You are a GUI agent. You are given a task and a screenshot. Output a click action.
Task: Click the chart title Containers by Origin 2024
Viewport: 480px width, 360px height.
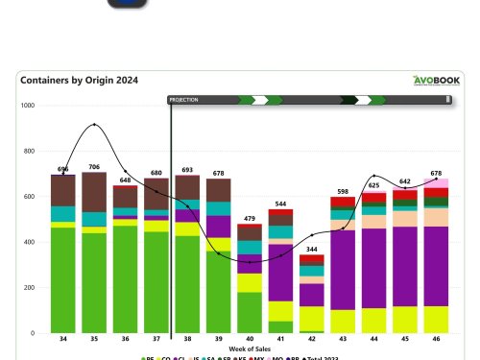(x=78, y=81)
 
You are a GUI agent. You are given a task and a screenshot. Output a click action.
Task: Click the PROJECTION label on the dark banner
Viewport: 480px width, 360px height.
(x=184, y=100)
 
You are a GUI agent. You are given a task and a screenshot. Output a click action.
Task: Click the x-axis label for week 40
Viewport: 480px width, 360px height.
(x=250, y=339)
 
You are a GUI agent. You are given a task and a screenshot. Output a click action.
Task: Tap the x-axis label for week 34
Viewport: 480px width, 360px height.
(x=63, y=339)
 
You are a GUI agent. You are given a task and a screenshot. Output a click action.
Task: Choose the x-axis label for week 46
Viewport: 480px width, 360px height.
(x=436, y=339)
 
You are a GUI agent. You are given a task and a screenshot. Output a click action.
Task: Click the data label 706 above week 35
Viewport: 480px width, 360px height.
(x=94, y=166)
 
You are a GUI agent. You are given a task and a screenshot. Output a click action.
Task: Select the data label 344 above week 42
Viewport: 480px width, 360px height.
(x=312, y=249)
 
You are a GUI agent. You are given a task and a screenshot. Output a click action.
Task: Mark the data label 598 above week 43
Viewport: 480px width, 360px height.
(x=343, y=191)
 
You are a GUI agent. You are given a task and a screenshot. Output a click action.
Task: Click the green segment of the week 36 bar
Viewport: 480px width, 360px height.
(x=125, y=279)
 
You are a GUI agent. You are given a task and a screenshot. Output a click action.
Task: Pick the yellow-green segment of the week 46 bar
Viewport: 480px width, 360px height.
(x=436, y=320)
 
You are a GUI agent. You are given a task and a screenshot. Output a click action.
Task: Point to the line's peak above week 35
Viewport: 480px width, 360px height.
(x=94, y=125)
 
